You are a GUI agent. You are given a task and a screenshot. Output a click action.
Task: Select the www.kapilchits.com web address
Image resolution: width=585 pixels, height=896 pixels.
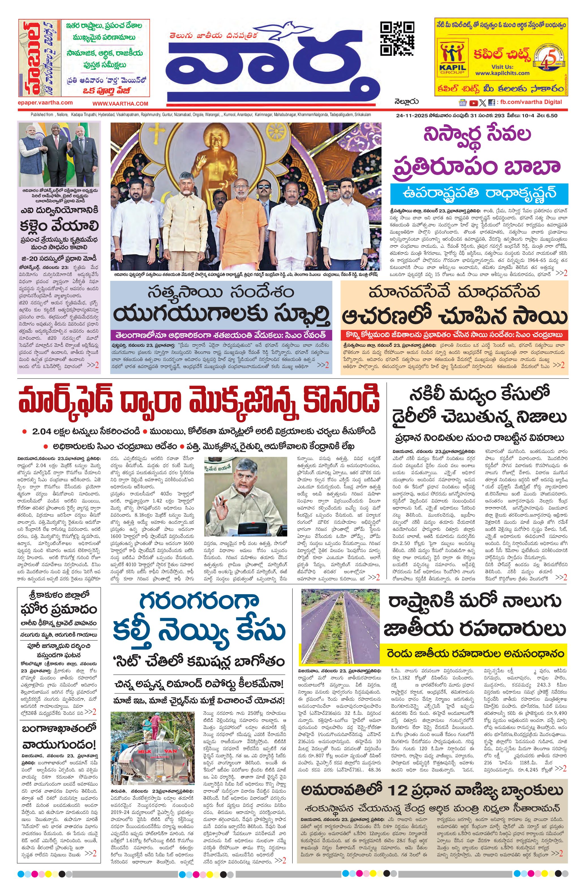502,73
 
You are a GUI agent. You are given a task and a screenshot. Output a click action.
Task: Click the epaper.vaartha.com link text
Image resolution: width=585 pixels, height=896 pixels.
45,102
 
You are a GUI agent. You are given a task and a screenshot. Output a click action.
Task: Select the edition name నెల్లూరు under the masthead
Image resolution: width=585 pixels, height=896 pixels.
407,102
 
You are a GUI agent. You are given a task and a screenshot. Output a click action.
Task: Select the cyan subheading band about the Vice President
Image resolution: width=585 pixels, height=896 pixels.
479,194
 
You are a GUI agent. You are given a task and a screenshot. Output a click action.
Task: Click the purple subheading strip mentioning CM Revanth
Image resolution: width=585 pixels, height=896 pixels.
221,335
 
